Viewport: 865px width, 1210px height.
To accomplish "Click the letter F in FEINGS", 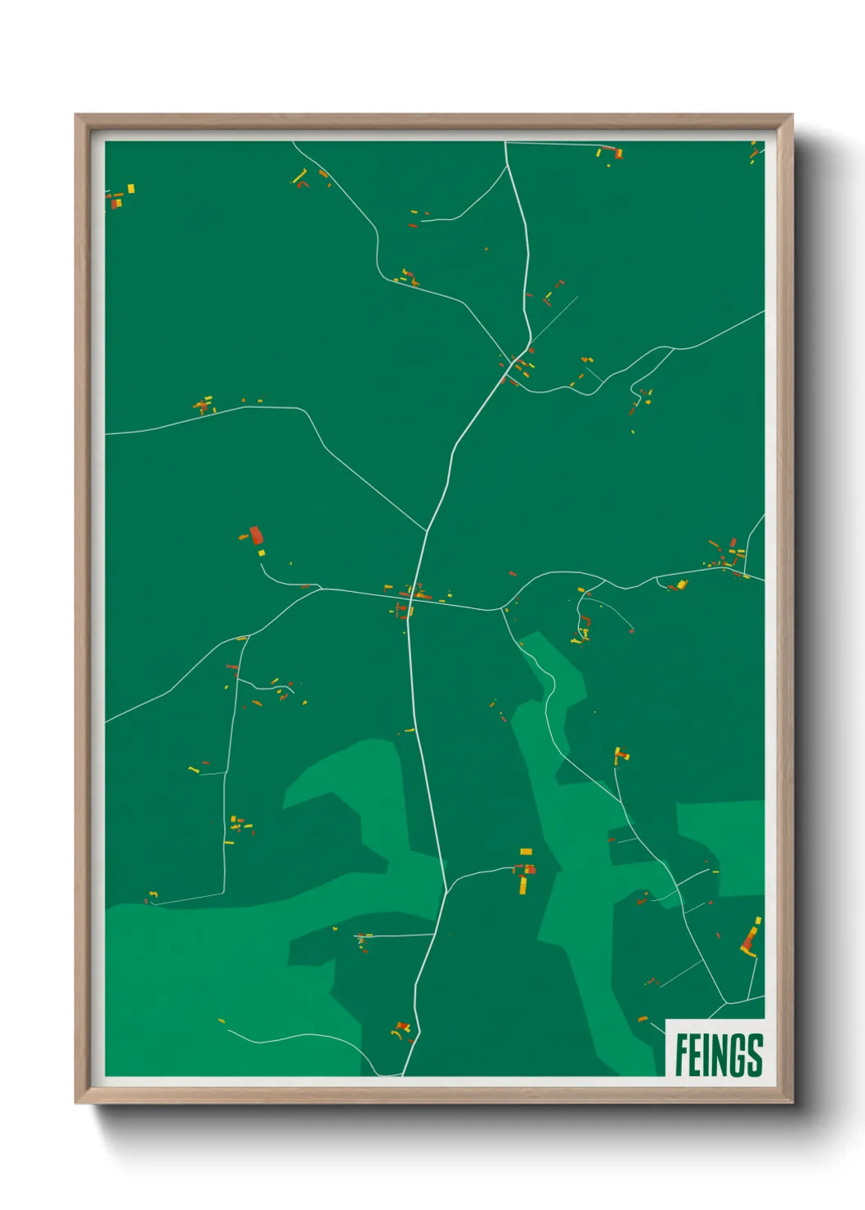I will tap(682, 1055).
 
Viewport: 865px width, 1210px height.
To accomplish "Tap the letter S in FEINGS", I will tap(754, 1055).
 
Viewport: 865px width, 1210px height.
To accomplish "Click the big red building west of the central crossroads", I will tap(256, 536).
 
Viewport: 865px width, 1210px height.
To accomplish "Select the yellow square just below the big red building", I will tap(262, 553).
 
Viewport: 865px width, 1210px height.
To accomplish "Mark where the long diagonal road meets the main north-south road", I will tap(427, 531).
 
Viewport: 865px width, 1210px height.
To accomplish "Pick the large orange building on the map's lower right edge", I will tap(749, 939).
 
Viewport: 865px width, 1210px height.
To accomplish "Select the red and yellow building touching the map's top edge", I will tap(610, 152).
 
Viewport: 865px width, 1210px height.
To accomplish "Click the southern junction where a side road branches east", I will tap(446, 889).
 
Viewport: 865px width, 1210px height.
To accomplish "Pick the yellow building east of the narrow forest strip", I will tap(620, 755).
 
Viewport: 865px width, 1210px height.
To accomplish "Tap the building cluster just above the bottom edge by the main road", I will tap(401, 1028).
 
